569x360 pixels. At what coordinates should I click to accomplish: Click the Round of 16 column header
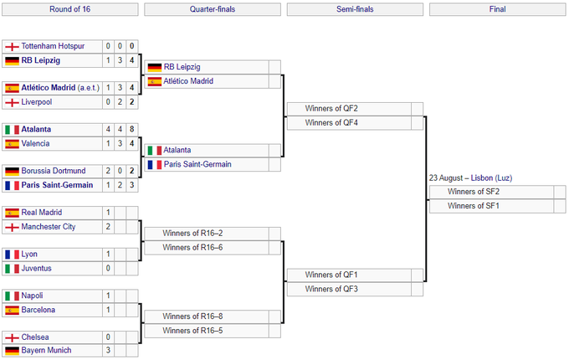click(x=70, y=10)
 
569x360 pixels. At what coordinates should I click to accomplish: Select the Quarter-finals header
click(x=213, y=10)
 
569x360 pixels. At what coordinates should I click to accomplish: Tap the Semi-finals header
click(x=355, y=10)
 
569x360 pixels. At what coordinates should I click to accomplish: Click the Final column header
click(x=497, y=10)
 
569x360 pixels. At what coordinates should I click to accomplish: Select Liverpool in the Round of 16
click(x=37, y=102)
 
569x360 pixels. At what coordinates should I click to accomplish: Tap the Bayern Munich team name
click(x=46, y=350)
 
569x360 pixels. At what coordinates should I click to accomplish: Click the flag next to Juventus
click(x=12, y=268)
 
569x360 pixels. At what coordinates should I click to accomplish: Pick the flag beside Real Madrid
click(x=12, y=213)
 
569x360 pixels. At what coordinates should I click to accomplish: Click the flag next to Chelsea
click(x=12, y=337)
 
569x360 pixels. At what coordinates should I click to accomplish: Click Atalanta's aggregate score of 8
click(x=131, y=130)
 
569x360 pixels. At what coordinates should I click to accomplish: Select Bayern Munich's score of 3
click(x=108, y=350)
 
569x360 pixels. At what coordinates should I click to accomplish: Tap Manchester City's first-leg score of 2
click(x=108, y=227)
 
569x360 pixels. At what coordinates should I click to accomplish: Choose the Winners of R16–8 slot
click(x=193, y=316)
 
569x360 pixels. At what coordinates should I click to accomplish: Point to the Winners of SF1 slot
click(x=474, y=206)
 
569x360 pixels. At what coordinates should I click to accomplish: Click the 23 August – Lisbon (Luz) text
click(x=469, y=178)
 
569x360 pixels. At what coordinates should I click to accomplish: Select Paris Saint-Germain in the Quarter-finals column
click(x=197, y=164)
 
